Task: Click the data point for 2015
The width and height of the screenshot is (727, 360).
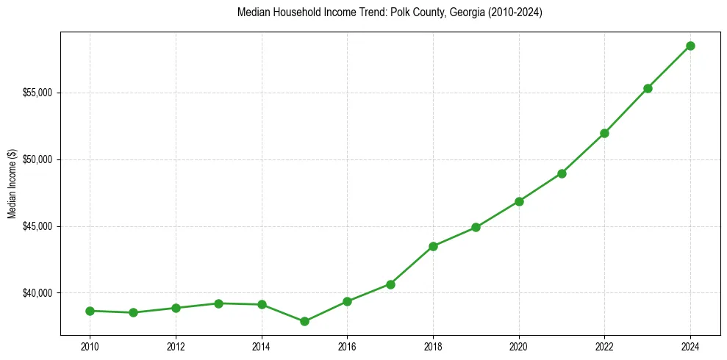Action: (x=304, y=321)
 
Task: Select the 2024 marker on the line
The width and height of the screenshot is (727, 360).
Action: (x=690, y=46)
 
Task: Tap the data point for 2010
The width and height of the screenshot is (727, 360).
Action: (x=90, y=311)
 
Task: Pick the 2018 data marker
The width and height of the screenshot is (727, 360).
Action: (x=433, y=246)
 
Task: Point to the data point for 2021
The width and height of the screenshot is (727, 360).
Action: (x=562, y=173)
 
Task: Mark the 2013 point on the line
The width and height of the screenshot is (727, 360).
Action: (x=218, y=303)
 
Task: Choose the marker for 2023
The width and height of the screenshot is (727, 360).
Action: (x=648, y=88)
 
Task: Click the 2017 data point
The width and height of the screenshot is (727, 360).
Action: (x=390, y=284)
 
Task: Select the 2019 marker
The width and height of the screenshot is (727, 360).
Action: (x=476, y=227)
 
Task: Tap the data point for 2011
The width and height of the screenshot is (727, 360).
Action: (x=133, y=312)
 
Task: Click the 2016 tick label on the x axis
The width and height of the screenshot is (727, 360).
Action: (x=347, y=346)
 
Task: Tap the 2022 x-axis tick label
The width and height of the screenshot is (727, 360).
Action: (x=604, y=346)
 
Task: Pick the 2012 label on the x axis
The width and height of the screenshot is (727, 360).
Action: (x=176, y=346)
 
